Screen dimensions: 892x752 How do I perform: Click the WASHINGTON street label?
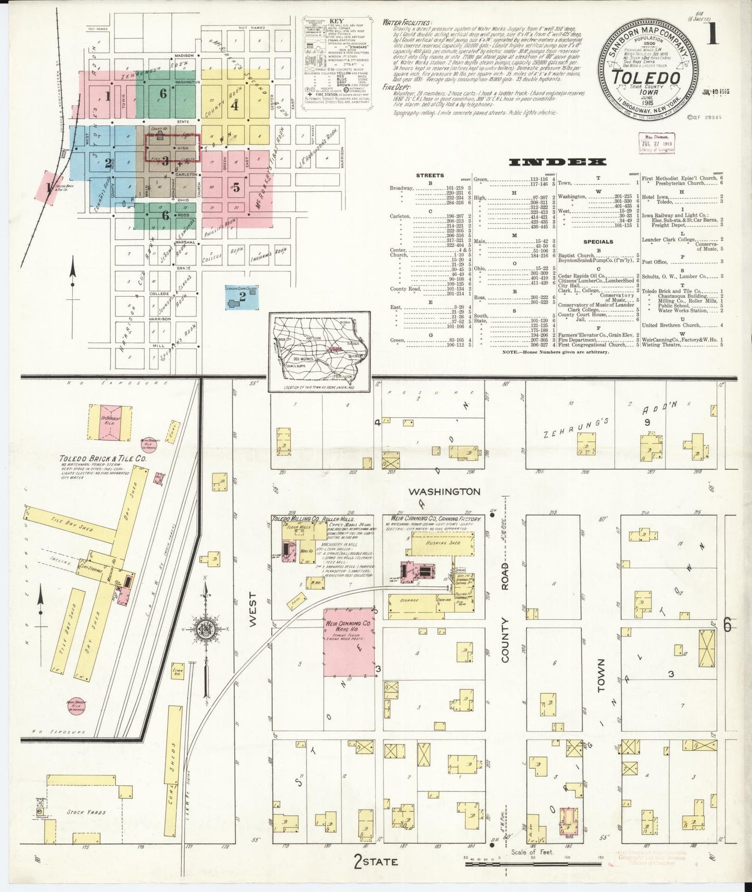tap(444, 492)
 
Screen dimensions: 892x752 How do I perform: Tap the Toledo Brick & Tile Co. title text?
tap(102, 459)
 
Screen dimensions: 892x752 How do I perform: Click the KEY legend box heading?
tap(336, 20)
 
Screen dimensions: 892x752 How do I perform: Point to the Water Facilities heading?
tap(406, 23)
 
